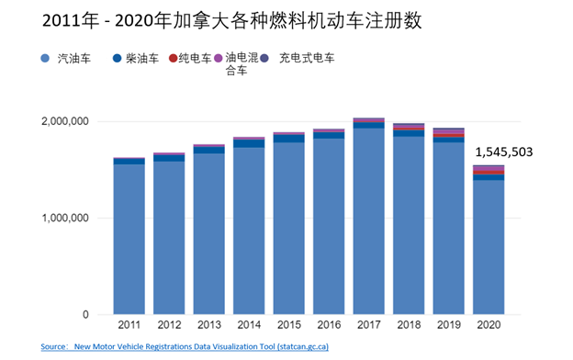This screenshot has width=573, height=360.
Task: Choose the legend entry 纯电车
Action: [194, 59]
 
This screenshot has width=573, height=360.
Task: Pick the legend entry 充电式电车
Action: [306, 59]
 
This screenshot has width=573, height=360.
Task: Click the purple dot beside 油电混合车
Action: [218, 59]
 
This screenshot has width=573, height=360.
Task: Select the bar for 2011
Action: [129, 239]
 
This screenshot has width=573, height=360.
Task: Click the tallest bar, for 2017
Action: [368, 220]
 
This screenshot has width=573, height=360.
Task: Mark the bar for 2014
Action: [249, 230]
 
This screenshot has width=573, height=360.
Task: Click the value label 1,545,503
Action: [503, 152]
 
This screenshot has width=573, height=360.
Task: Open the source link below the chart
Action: [184, 347]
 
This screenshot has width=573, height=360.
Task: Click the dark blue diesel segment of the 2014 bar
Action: [249, 143]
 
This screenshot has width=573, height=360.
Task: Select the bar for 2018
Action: [409, 225]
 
